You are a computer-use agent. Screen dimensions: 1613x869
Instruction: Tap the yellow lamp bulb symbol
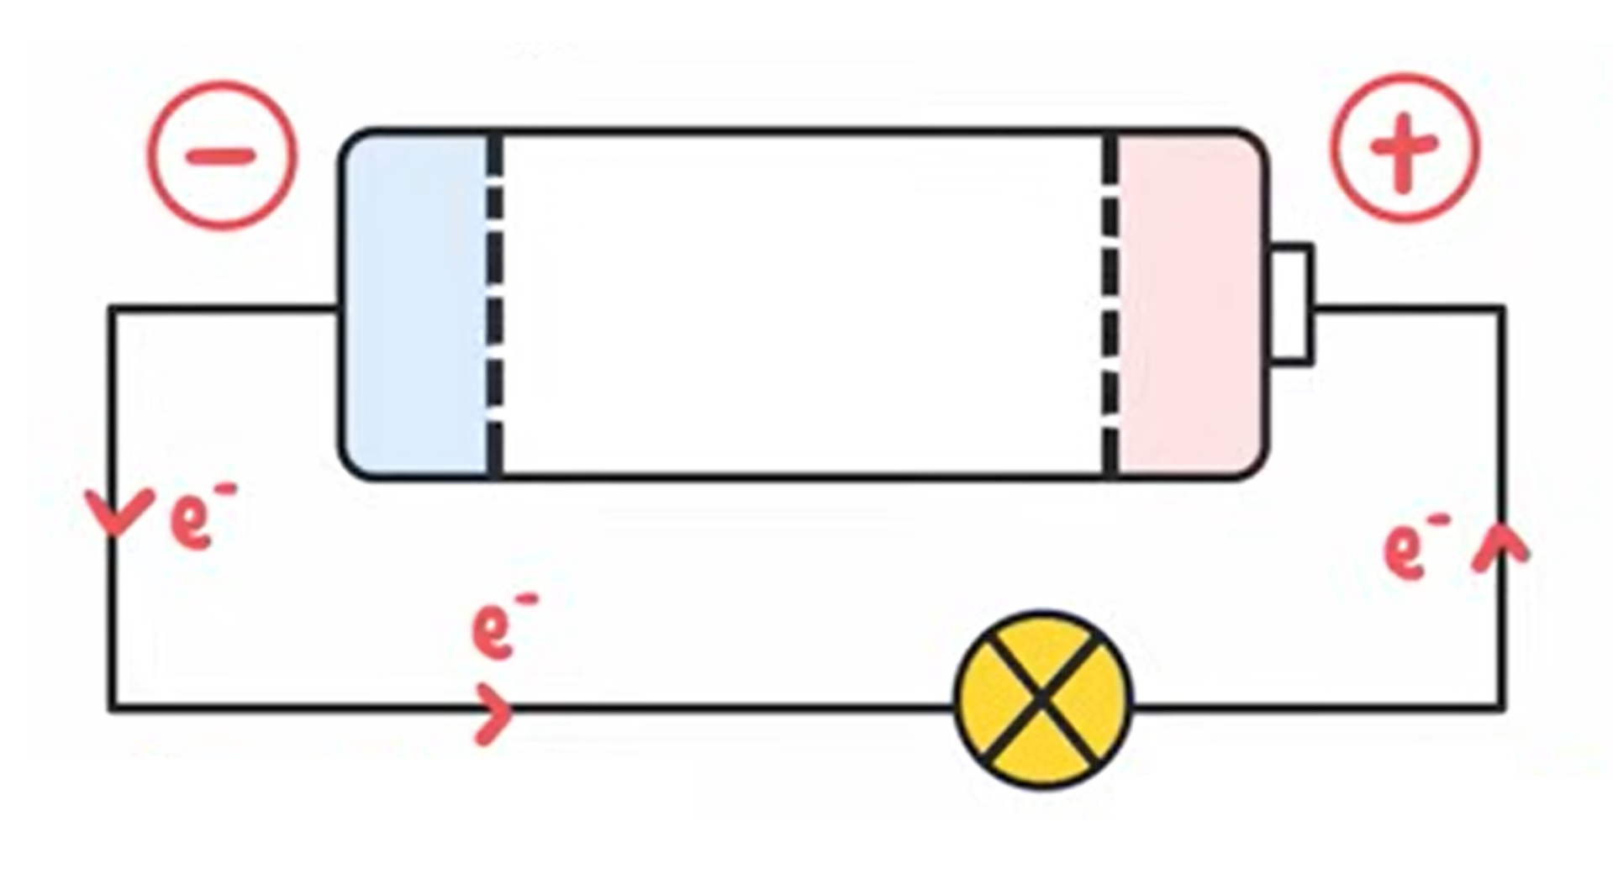1042,699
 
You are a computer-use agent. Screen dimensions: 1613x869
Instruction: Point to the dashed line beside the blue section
495,304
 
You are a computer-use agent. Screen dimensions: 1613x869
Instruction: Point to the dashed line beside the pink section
1110,304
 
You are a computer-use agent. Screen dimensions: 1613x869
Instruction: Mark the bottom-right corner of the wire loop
1501,708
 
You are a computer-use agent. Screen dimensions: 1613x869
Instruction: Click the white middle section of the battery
803,304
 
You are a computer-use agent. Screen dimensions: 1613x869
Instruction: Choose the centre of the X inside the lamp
1042,699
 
